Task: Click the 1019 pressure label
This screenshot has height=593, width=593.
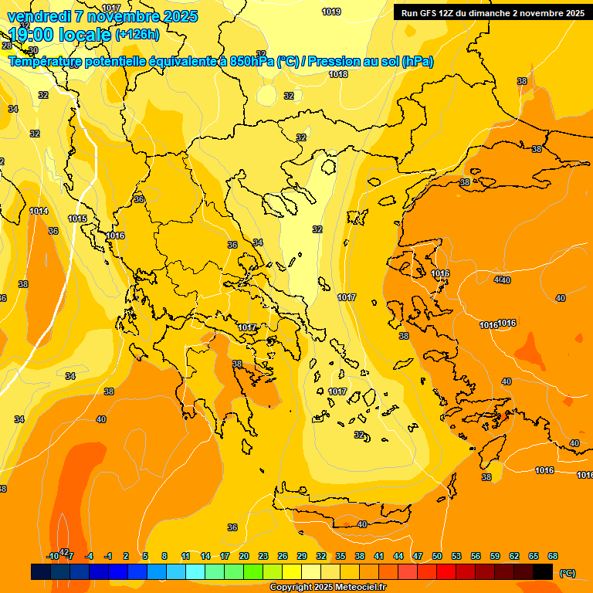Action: (x=331, y=12)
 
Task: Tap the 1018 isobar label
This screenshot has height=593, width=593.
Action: (x=338, y=74)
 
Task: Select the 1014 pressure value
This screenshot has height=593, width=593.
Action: (x=39, y=211)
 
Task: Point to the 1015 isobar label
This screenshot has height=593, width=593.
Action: (x=77, y=219)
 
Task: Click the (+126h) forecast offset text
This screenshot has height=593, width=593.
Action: (x=137, y=34)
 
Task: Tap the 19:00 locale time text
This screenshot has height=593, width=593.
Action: (x=59, y=35)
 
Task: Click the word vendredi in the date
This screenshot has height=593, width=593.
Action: (x=36, y=16)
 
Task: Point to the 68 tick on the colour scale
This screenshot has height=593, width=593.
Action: (x=553, y=556)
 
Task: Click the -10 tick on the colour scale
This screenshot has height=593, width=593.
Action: (x=52, y=556)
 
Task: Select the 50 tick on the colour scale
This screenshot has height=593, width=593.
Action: (x=437, y=556)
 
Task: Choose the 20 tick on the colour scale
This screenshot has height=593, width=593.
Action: (x=244, y=556)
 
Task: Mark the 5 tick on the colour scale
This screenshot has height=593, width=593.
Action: (x=145, y=556)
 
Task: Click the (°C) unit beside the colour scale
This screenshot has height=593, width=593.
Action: (x=567, y=573)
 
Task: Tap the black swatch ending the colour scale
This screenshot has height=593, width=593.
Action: (x=543, y=571)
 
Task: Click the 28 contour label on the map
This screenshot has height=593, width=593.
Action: (x=7, y=67)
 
